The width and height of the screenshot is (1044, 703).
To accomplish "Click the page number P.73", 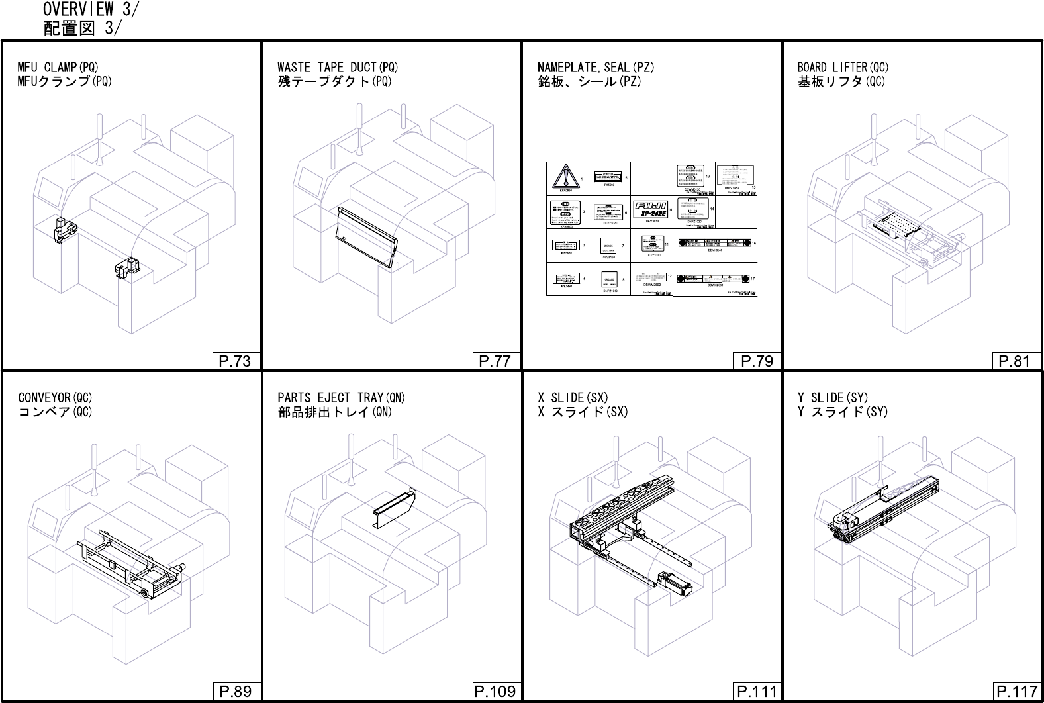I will pos(234,361).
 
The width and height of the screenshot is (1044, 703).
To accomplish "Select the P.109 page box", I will pos(495,692).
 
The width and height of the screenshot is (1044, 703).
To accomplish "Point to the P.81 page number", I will pos(1014,361).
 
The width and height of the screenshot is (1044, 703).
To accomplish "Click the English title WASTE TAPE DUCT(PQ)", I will pos(338,67).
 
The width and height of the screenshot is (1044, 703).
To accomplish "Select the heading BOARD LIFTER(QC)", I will pos(843,67).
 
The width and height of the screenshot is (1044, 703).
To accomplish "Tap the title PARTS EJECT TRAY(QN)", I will pos(341,397).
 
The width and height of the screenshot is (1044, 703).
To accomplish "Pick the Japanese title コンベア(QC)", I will pos(55,412).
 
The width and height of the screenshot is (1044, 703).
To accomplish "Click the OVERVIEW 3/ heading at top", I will pos(91,9).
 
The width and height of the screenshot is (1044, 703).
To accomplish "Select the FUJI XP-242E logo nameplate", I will pos(651,209).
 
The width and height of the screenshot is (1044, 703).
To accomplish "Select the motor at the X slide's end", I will pos(675,584).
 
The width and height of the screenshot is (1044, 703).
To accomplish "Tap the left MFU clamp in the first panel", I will pos(65,228).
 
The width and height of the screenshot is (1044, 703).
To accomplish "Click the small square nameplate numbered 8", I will pos(610,279).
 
